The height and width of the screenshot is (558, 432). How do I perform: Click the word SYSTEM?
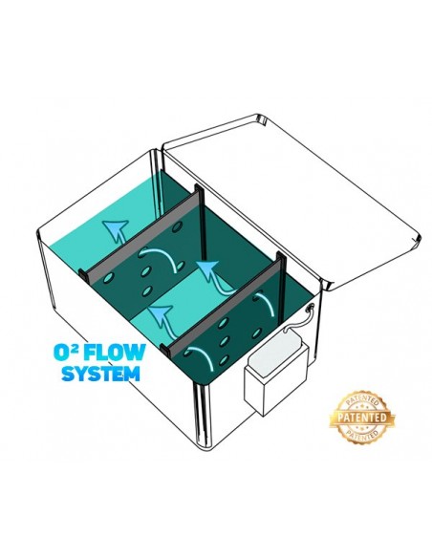click(100, 374)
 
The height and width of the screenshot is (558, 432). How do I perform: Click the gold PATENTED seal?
click(362, 418)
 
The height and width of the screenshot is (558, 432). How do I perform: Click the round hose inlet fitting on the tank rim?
click(310, 306)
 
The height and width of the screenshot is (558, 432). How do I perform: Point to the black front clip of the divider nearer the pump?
click(165, 350)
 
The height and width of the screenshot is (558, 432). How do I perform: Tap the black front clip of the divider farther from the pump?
click(83, 276)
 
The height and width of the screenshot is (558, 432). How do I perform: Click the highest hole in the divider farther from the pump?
click(177, 226)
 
